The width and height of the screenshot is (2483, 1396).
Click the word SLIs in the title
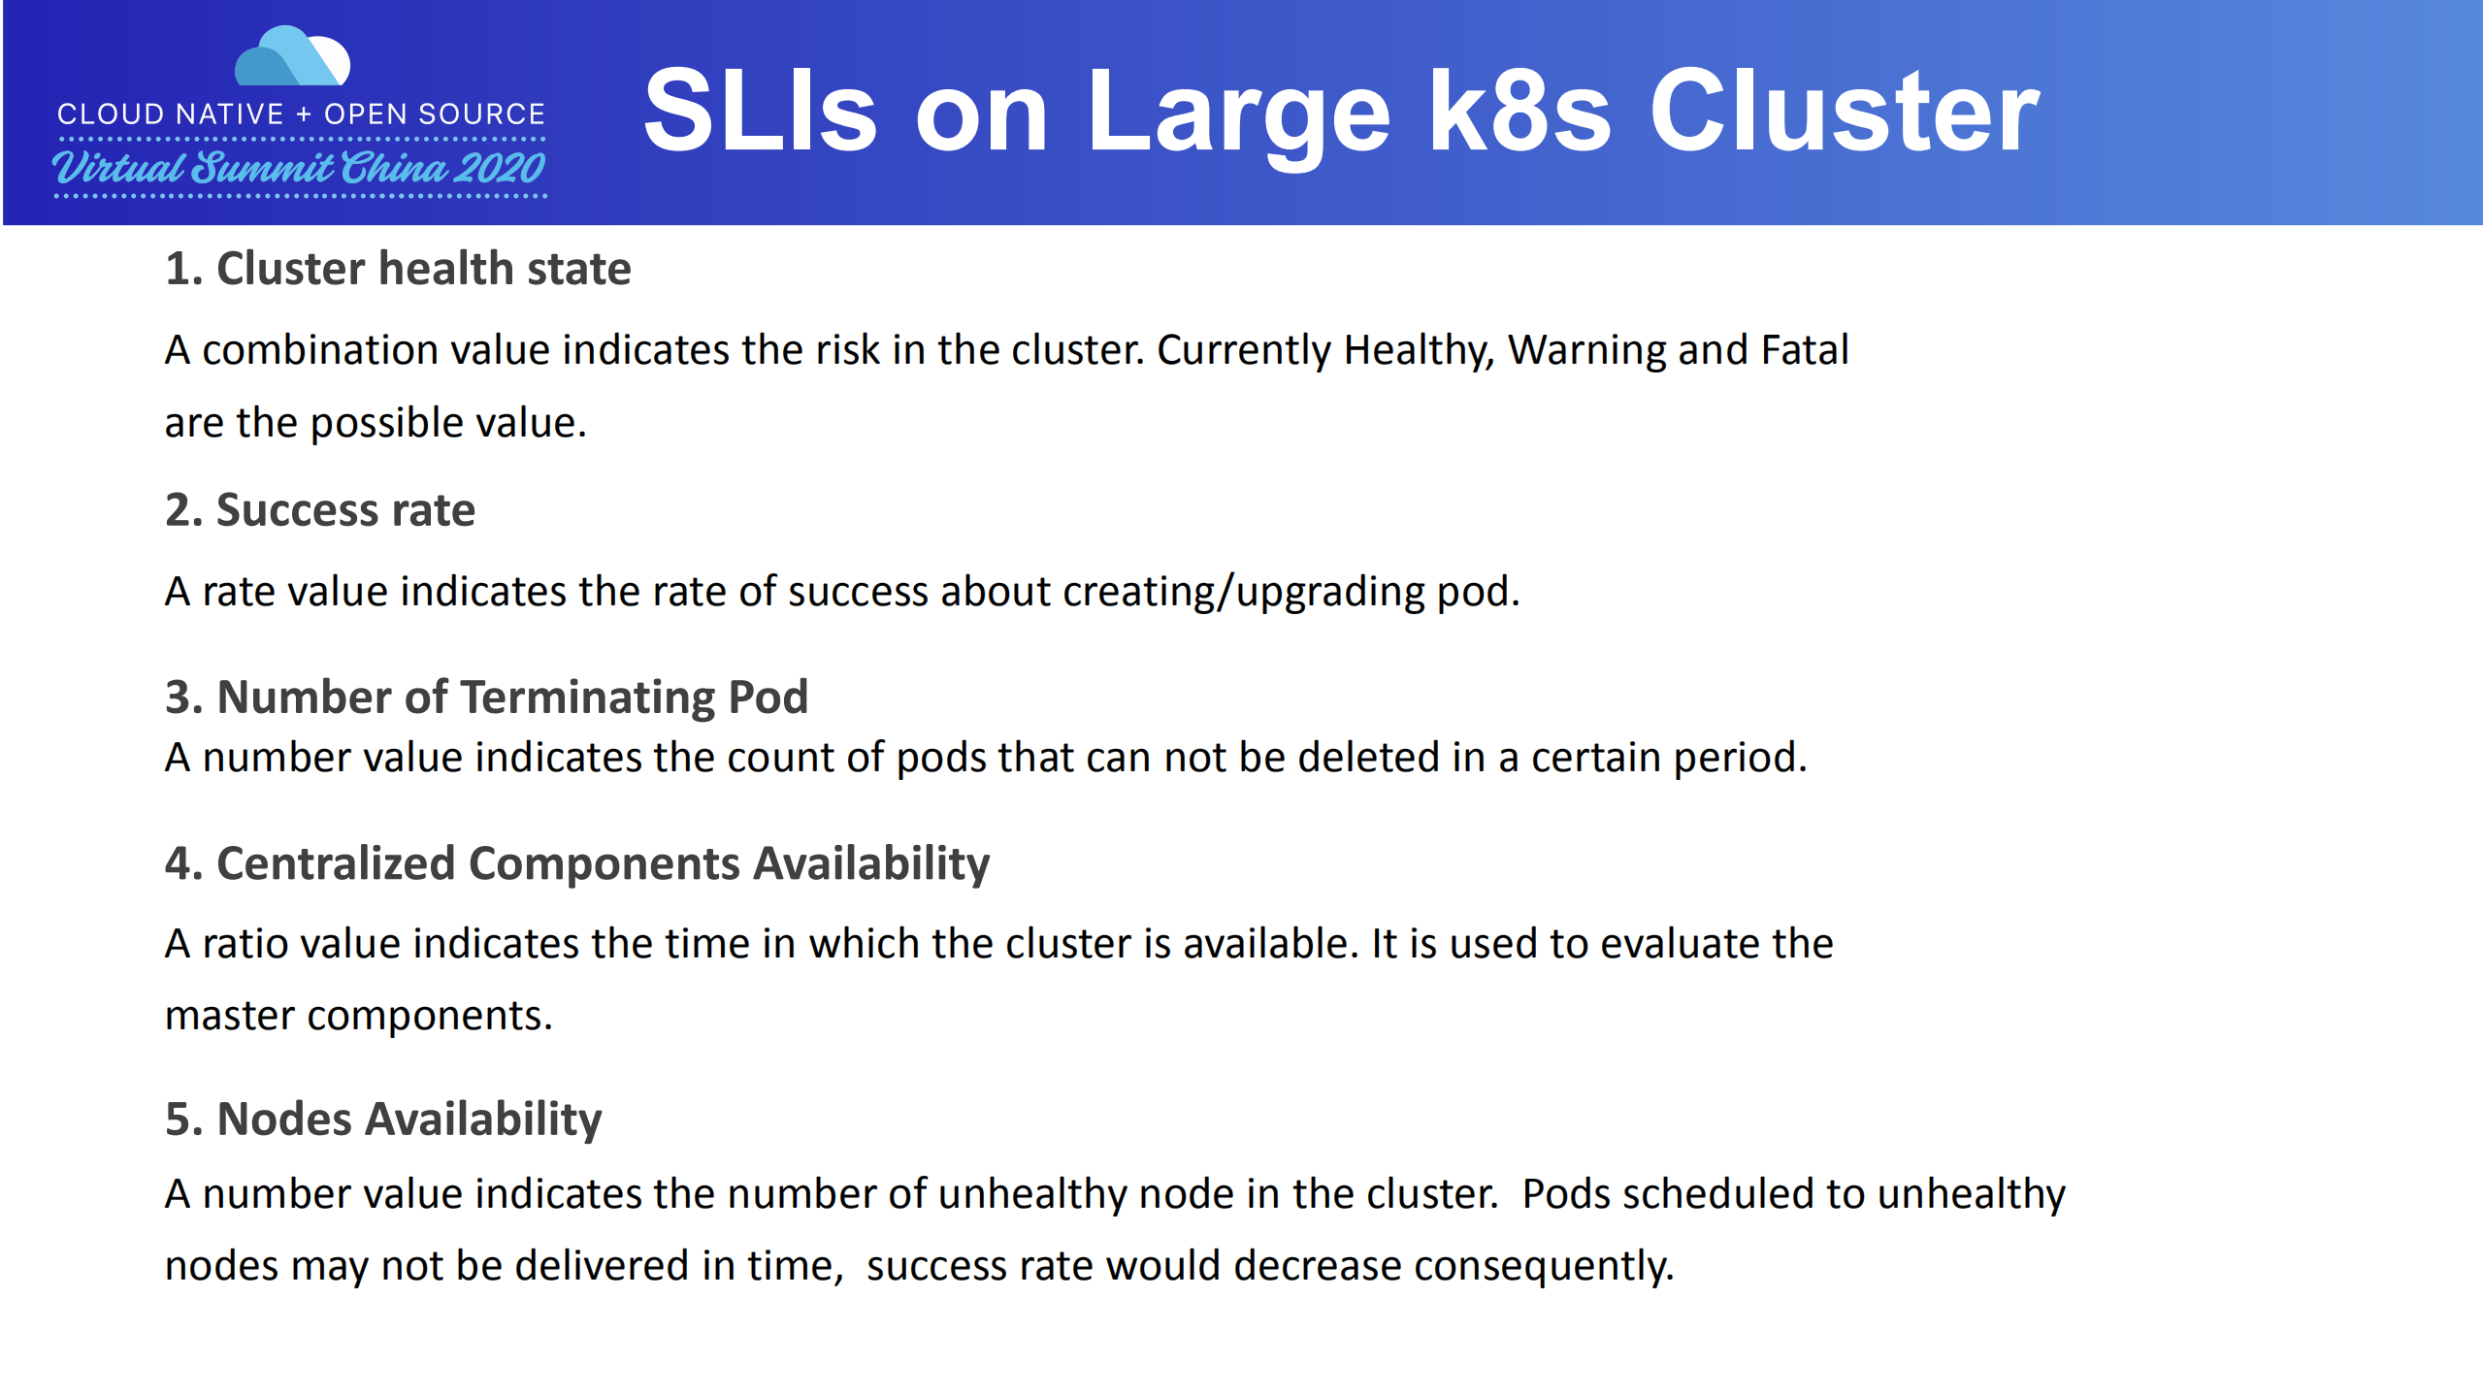tap(760, 112)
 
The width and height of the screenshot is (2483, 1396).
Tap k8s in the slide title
tap(1519, 112)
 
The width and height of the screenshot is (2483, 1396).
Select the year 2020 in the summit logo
tap(498, 169)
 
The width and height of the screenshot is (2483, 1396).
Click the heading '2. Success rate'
tap(320, 510)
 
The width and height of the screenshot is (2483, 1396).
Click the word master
tap(229, 1016)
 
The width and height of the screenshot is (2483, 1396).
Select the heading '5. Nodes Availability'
tap(383, 1120)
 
